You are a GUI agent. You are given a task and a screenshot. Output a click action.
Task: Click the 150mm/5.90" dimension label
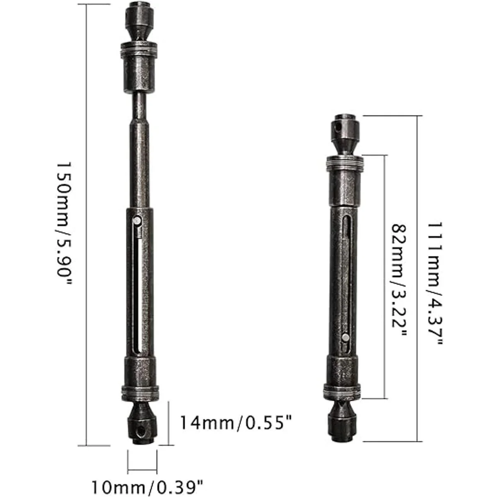point(63,223)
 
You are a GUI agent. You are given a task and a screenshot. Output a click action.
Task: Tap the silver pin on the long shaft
point(137,220)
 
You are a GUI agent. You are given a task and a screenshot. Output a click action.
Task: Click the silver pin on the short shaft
point(345,337)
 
